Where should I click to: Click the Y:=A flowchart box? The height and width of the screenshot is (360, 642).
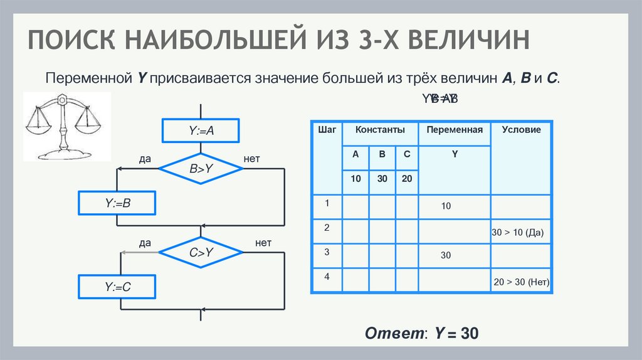click(201, 131)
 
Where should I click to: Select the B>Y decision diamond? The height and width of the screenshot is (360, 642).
click(201, 168)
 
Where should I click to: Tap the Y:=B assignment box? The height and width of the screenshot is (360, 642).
click(117, 203)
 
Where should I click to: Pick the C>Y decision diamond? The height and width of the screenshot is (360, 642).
click(201, 253)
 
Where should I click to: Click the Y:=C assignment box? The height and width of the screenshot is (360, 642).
click(117, 287)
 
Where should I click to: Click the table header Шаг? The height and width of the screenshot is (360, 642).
click(327, 130)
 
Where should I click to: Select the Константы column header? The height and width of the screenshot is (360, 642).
click(380, 130)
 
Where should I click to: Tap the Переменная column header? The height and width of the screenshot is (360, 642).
click(455, 130)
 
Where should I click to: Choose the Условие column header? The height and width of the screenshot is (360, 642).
click(521, 130)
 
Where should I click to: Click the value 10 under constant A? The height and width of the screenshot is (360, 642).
click(355, 179)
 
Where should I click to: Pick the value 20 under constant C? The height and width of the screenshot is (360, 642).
click(407, 179)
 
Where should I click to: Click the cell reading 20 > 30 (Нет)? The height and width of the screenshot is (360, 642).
click(522, 282)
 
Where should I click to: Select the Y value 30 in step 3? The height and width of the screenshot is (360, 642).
click(446, 256)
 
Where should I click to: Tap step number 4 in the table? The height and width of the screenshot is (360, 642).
click(327, 276)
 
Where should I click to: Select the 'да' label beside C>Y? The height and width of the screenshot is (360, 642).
click(145, 243)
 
